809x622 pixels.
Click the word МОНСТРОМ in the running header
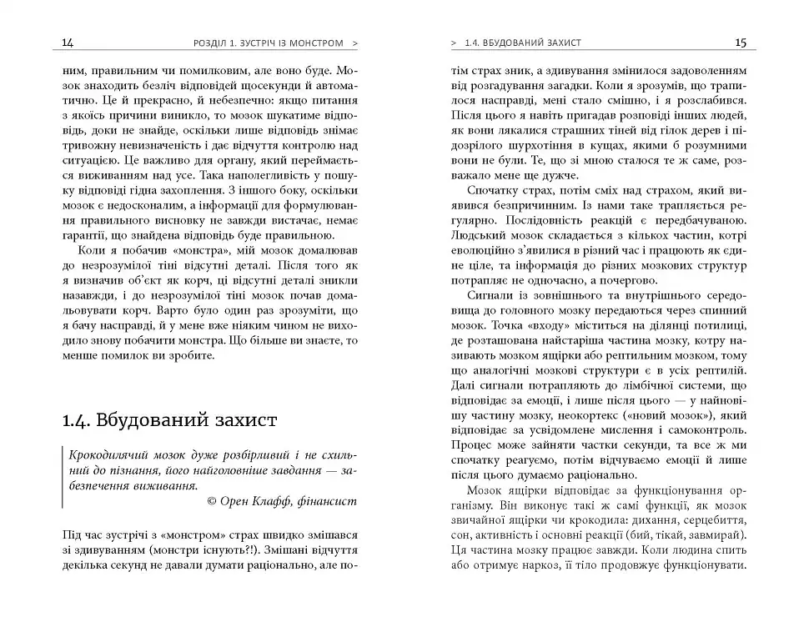313,43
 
